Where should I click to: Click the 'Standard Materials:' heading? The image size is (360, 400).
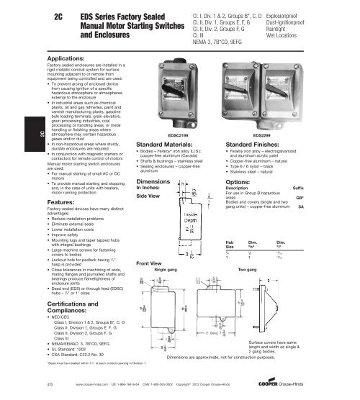point(162,145)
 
